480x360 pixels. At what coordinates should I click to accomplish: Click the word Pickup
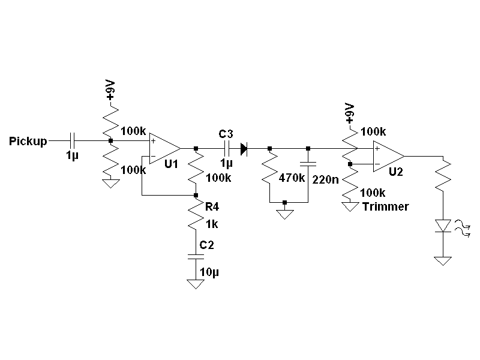pyautogui.click(x=28, y=142)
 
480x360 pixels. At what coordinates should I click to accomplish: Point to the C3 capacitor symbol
pyautogui.click(x=227, y=148)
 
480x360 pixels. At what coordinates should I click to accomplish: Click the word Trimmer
pyautogui.click(x=386, y=207)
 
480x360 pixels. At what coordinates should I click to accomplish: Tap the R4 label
pyautogui.click(x=212, y=207)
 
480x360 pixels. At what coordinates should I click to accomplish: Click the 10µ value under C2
pyautogui.click(x=210, y=272)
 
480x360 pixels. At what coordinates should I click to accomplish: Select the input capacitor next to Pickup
pyautogui.click(x=73, y=141)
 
